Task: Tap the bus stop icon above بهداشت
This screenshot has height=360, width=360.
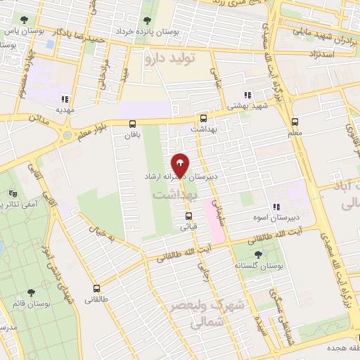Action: tap(203, 119)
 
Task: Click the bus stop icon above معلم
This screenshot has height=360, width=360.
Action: tap(295, 121)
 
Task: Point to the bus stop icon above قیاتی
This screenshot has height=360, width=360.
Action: tap(188, 216)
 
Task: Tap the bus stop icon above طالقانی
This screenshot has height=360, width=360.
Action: tap(96, 288)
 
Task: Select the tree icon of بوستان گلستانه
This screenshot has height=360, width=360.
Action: tap(257, 255)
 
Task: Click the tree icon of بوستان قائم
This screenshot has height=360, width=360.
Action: tap(31, 292)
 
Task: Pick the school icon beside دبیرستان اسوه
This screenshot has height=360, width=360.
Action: tap(276, 207)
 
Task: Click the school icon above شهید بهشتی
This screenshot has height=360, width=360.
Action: tap(247, 95)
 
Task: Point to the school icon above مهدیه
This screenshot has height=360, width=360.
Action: tap(66, 100)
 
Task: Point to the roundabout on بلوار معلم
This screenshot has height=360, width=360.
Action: tap(67, 134)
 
